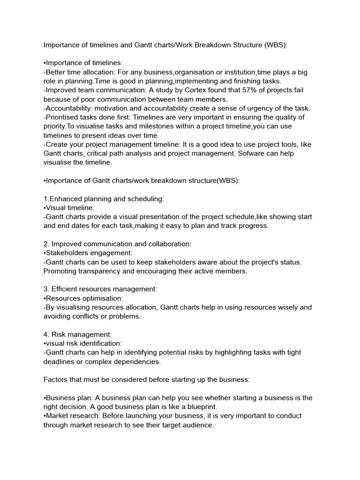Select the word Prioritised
pos(64,117)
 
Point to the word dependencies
pos(138,361)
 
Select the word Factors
pos(56,379)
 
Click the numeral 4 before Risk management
pos(45,334)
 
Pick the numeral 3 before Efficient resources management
pos(45,289)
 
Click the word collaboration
pos(169,244)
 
